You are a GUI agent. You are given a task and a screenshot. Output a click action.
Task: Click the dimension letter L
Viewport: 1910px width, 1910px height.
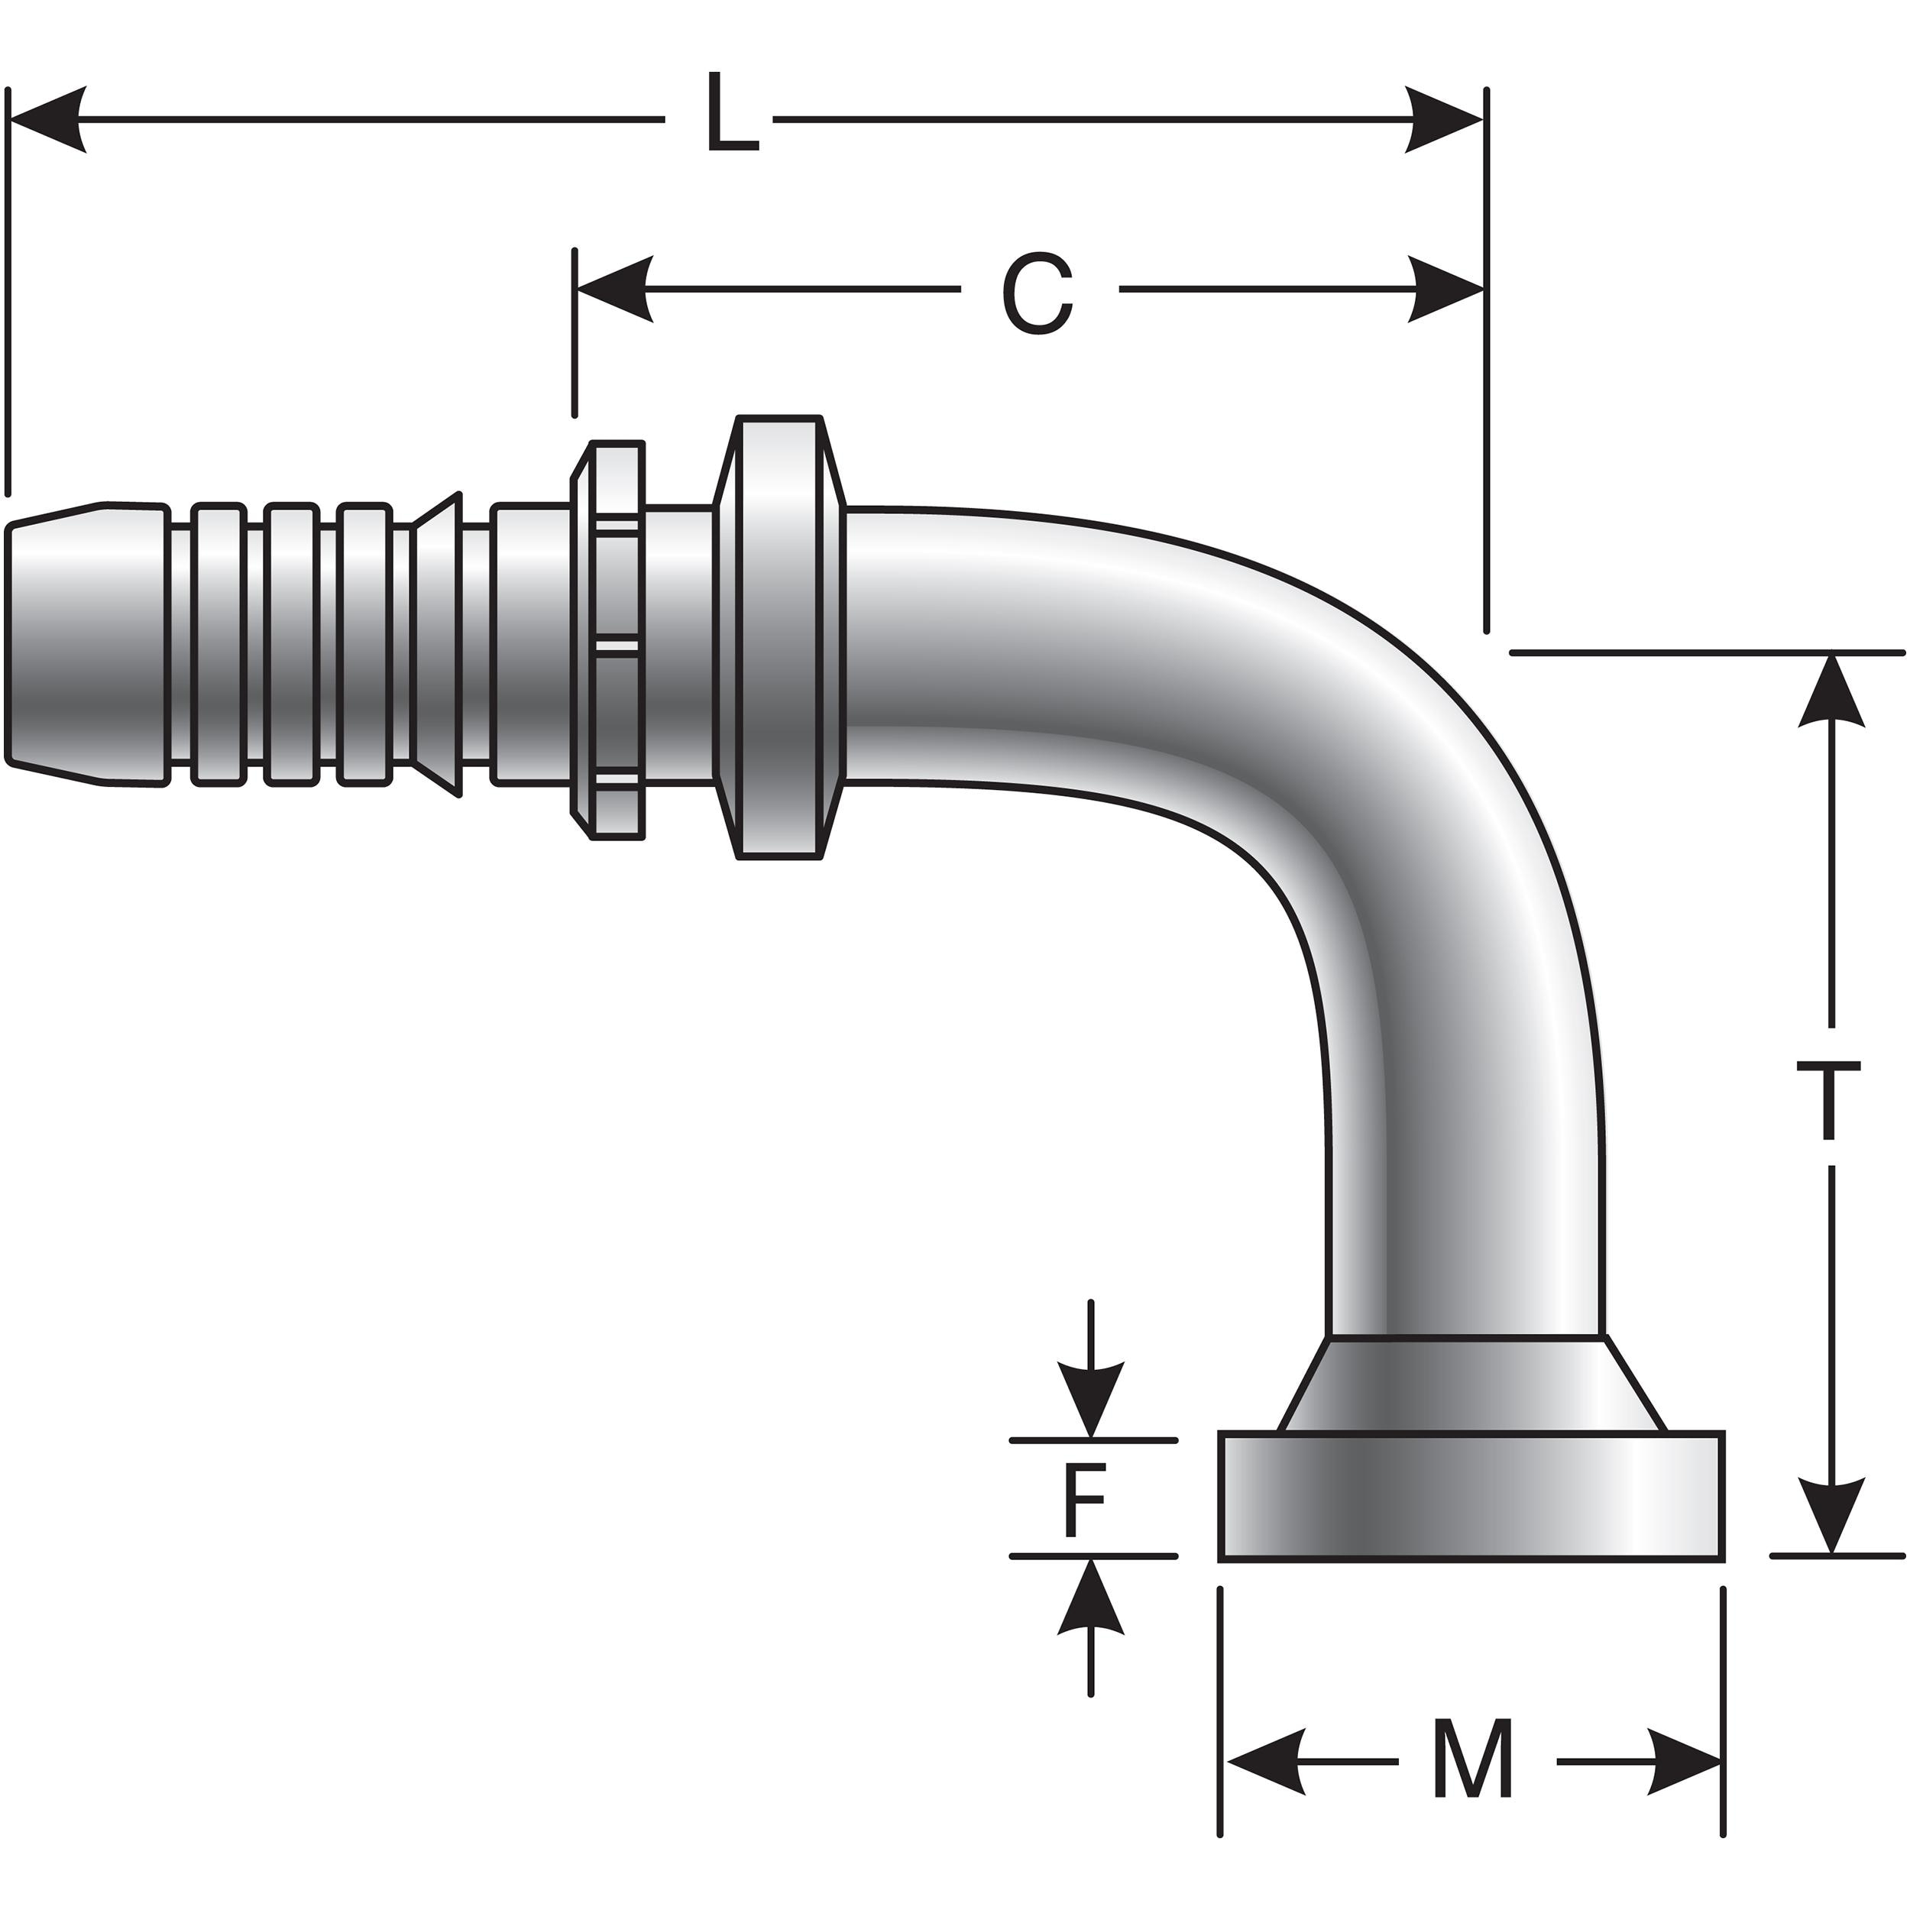[x=732, y=117]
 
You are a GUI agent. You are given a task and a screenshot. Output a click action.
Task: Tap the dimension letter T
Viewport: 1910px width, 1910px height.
[x=1828, y=1099]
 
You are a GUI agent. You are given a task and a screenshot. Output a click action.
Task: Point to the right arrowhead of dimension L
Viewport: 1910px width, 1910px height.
[x=1443, y=120]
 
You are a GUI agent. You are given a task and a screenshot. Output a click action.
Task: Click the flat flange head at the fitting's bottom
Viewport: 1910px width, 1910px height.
[x=1471, y=1497]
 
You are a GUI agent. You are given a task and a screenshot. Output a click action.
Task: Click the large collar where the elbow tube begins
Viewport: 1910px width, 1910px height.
[x=779, y=638]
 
